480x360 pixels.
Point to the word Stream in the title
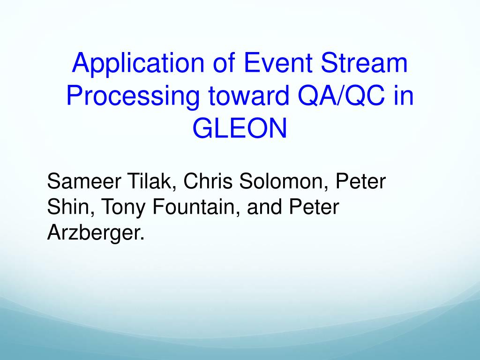[x=364, y=63]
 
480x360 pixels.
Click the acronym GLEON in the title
[x=240, y=128]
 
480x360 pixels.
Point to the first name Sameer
[x=83, y=181]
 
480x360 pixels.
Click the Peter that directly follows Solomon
[x=360, y=181]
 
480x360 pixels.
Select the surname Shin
[x=71, y=207]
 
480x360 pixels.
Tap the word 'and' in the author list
[x=264, y=207]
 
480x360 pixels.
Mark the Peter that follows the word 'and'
[x=314, y=207]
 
